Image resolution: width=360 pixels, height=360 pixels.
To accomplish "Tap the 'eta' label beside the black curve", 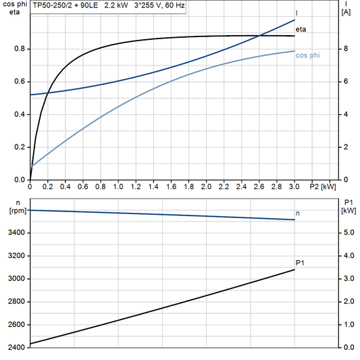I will point(301,29).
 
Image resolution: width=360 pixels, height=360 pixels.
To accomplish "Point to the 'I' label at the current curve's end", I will point(297,14).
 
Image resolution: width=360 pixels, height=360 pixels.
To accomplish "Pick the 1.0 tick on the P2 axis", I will point(118,186).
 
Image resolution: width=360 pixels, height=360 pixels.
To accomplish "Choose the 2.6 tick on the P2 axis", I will point(259,186).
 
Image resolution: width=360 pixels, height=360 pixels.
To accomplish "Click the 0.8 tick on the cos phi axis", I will point(19,49).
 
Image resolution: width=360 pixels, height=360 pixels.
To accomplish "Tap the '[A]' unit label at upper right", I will point(346,12).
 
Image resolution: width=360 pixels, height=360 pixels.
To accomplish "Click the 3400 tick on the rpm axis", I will point(16,233).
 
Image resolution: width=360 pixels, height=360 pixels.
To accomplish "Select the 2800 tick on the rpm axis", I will point(16,302).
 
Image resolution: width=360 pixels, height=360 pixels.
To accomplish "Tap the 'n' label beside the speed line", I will point(298,213).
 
